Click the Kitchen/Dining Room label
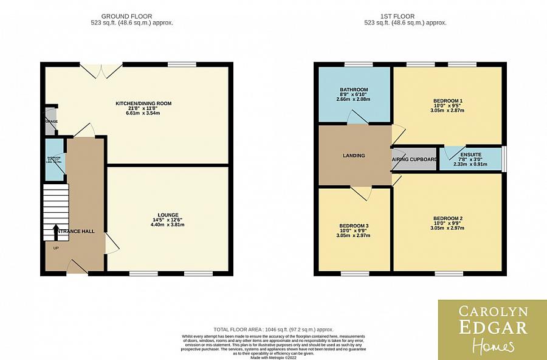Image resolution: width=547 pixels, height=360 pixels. tap(143, 103)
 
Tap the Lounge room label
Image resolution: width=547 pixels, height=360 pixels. tap(168, 215)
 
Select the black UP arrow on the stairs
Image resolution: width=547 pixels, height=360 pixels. tap(57, 230)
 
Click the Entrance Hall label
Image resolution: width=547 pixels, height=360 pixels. tap(75, 232)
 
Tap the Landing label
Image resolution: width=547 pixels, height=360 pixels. tap(354, 156)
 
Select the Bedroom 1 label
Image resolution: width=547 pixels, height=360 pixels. tap(448, 100)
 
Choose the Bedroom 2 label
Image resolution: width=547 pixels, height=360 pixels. tap(448, 218)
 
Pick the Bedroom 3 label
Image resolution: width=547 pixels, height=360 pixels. tap(354, 226)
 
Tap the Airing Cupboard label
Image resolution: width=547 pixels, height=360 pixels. tap(415, 159)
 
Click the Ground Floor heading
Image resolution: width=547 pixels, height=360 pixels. tap(126, 16)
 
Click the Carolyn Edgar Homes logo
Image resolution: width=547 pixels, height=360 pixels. tap(492, 329)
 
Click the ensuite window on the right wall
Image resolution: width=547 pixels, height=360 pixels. tap(503, 158)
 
